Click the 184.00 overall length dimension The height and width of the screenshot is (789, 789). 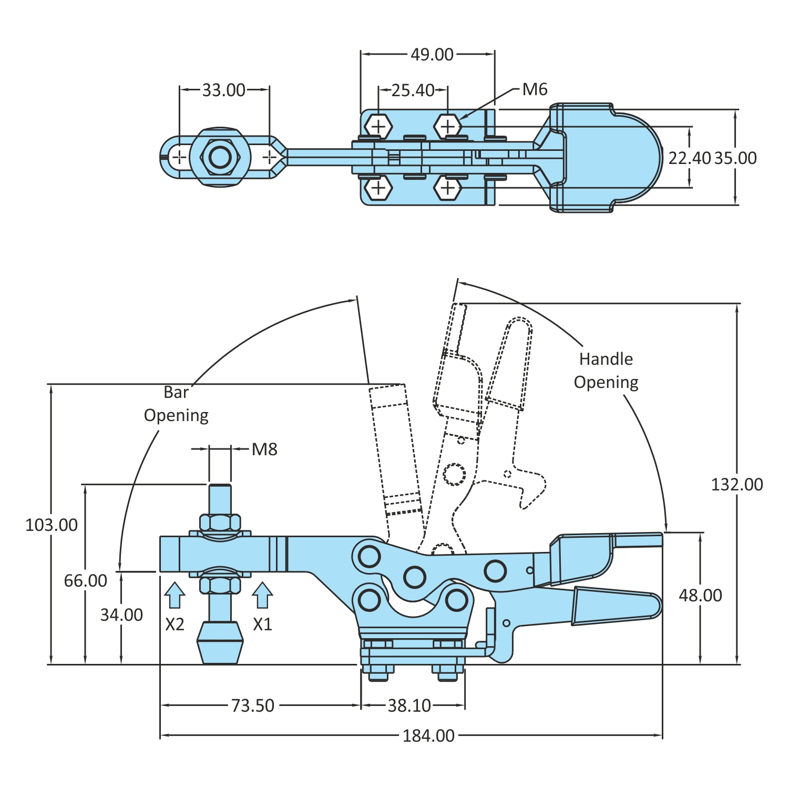click(428, 735)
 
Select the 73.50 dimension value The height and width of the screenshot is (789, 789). click(253, 705)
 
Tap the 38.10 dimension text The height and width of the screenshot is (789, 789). click(409, 705)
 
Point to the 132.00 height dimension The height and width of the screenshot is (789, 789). click(736, 484)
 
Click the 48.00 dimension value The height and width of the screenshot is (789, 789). click(700, 596)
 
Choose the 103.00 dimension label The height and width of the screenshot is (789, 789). click(52, 525)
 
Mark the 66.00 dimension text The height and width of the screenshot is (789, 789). click(86, 580)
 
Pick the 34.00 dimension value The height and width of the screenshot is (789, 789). click(121, 614)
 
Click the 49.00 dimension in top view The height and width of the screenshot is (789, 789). click(432, 55)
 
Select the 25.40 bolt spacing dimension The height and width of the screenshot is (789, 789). click(413, 90)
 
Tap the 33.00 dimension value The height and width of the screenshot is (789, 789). click(224, 90)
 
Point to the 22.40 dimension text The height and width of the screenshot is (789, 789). click(689, 158)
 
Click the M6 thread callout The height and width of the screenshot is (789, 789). click(535, 90)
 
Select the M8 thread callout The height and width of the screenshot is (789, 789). click(264, 449)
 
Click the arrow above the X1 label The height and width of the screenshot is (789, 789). click(262, 595)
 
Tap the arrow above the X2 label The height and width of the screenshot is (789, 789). click(175, 595)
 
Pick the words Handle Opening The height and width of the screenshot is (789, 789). click(606, 371)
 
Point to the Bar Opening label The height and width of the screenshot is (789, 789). click(177, 404)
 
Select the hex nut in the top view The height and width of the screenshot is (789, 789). click(220, 157)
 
